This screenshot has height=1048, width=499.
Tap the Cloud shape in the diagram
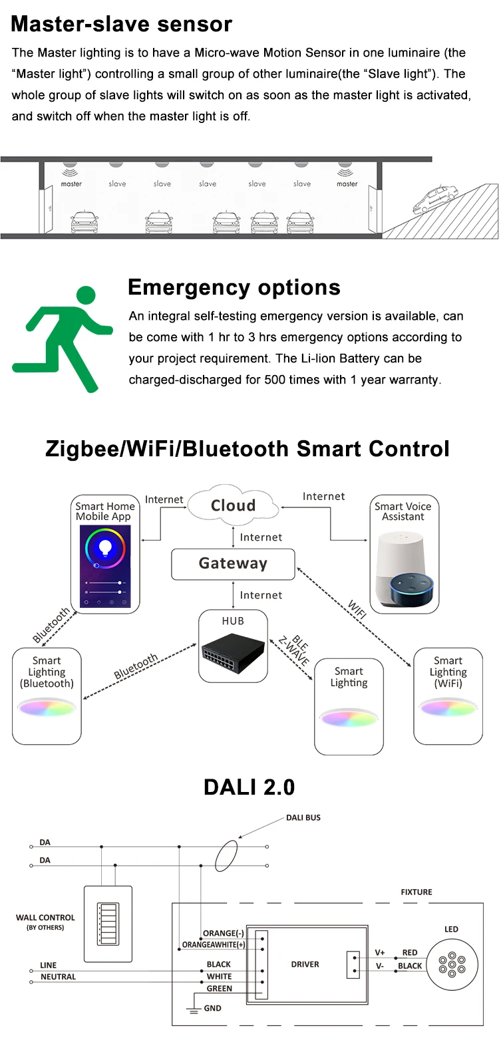tap(232, 505)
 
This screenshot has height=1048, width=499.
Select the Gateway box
tap(233, 564)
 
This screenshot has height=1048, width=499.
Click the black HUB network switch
tap(233, 652)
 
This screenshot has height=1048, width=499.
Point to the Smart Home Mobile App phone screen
tap(105, 566)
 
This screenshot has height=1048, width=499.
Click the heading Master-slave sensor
tap(122, 24)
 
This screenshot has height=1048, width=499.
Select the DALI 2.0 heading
tap(249, 787)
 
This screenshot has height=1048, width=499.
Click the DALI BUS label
tap(303, 817)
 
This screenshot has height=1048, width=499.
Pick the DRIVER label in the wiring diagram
tap(305, 964)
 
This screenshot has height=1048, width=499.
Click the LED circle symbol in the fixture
tap(452, 964)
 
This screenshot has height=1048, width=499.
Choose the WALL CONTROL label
tap(45, 918)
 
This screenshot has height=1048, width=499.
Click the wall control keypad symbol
tap(108, 923)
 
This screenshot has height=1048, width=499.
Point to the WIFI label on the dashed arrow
tap(357, 608)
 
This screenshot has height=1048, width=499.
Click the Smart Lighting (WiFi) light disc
tap(448, 708)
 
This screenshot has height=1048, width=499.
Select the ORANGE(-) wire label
tap(224, 933)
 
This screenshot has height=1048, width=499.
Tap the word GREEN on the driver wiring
tap(219, 989)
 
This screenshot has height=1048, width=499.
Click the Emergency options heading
tap(234, 287)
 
